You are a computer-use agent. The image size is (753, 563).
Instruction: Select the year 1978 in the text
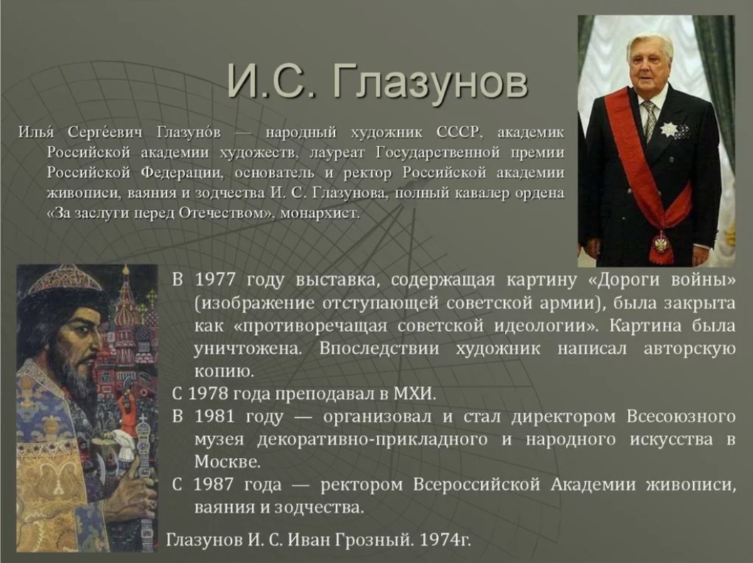(208, 394)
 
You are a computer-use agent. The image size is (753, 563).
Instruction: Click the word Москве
(228, 462)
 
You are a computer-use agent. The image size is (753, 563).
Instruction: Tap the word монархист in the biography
(319, 213)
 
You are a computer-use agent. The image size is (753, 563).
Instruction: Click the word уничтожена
(247, 348)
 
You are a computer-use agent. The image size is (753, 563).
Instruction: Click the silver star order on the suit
(668, 129)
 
